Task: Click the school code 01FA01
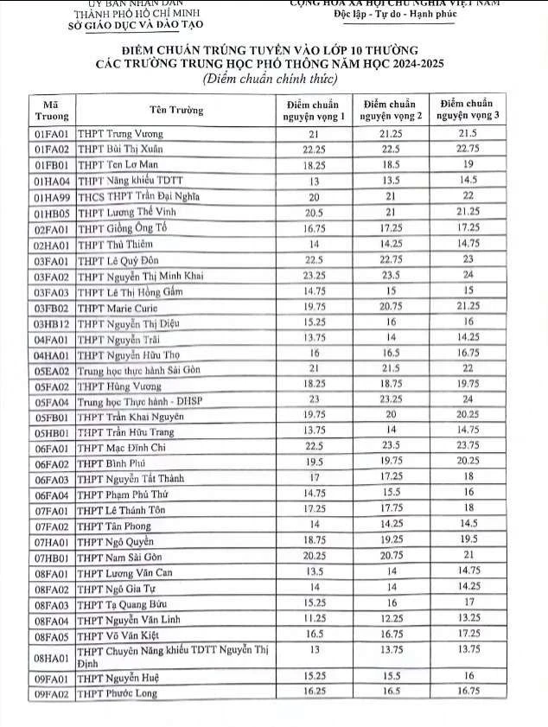pos(52,134)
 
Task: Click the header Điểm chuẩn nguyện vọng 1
pos(315,110)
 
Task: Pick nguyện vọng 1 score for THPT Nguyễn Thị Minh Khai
pos(315,275)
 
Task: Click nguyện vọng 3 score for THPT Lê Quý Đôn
pos(468,258)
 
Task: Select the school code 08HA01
pos(52,656)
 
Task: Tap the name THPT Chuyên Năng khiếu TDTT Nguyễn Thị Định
pos(173,656)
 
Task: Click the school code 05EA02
pos(52,367)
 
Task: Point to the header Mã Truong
pos(52,110)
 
